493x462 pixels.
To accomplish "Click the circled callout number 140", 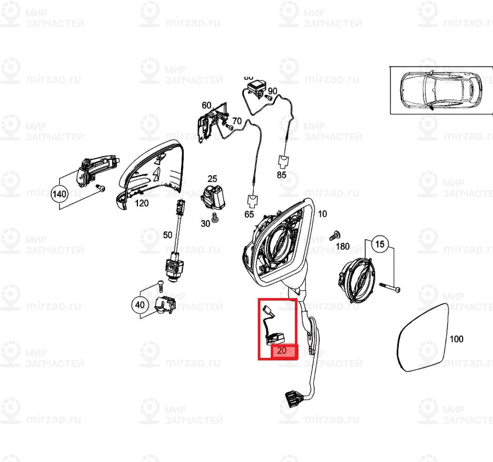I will coord(60,194).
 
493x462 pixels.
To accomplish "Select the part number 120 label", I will coord(142,203).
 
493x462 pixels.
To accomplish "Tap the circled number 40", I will coord(139,305).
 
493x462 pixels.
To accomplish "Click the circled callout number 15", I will coord(379,244).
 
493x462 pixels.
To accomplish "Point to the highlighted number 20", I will coord(282,351).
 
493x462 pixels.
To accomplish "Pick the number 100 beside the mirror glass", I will coord(456,339).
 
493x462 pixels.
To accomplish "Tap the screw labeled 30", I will coord(216,219).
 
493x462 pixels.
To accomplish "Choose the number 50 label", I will coord(168,235).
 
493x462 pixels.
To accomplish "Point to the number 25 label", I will coord(213,179).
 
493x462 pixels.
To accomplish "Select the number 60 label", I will coord(206,106).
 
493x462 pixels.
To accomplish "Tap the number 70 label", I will coord(237,121).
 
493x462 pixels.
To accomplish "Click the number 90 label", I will coord(273,91).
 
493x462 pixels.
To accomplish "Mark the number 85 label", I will coord(281,175).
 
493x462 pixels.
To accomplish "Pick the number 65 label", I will coord(249,214).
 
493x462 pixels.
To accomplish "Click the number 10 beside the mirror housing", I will coord(322,214).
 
